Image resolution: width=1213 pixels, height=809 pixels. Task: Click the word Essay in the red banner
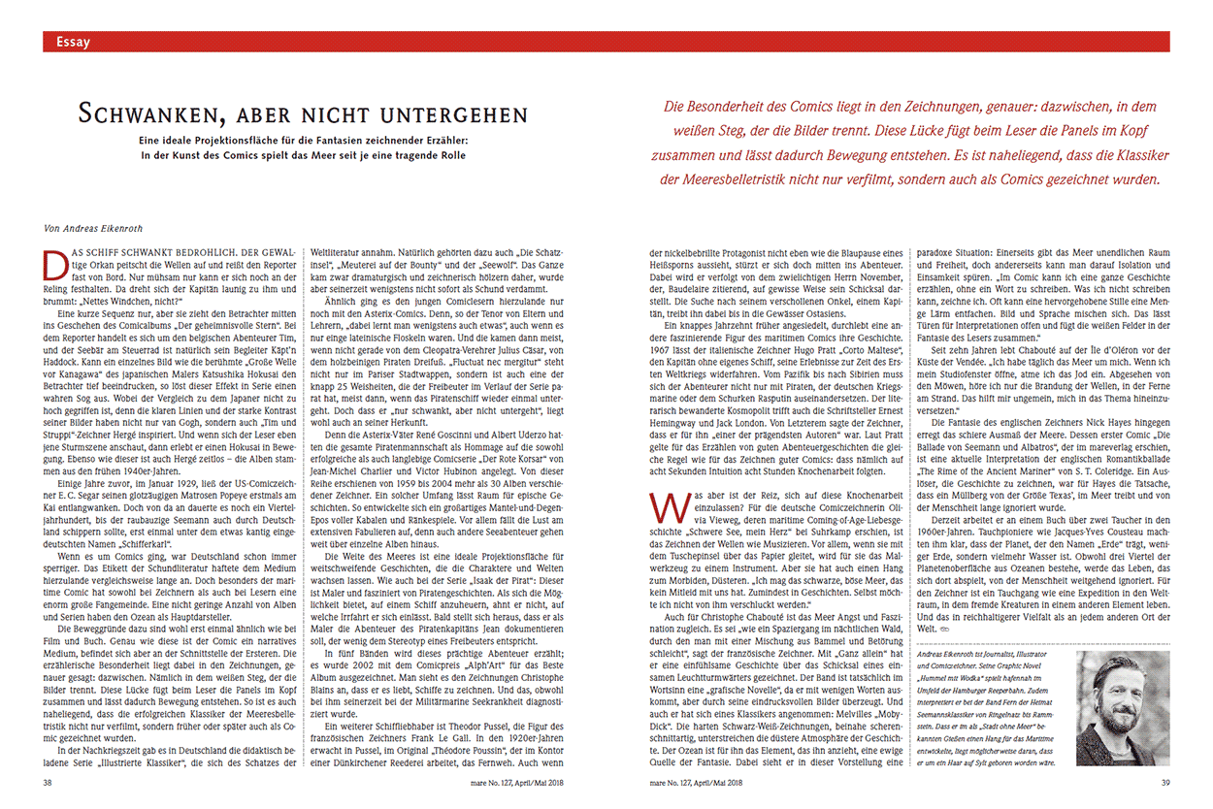[x=73, y=42]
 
